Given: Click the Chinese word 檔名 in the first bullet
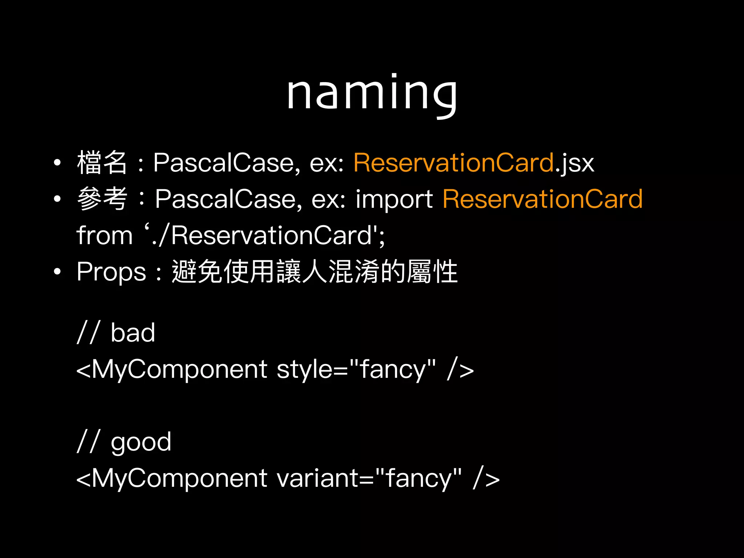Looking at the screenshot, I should point(102,162).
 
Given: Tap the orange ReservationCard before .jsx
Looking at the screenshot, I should point(454,162).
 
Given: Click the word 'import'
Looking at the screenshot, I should point(394,199).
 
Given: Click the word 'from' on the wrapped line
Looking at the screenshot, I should point(105,235).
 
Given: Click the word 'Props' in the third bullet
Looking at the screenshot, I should point(111,272).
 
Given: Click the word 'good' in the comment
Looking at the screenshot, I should point(141,442).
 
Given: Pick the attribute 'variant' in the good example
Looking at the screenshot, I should point(318,478).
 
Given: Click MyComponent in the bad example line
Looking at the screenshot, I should point(179,369).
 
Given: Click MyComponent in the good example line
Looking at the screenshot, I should point(179,478).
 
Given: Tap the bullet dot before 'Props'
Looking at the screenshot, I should point(57,272).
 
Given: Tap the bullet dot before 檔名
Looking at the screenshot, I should point(57,162).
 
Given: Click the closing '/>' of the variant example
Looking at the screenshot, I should point(486,478).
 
